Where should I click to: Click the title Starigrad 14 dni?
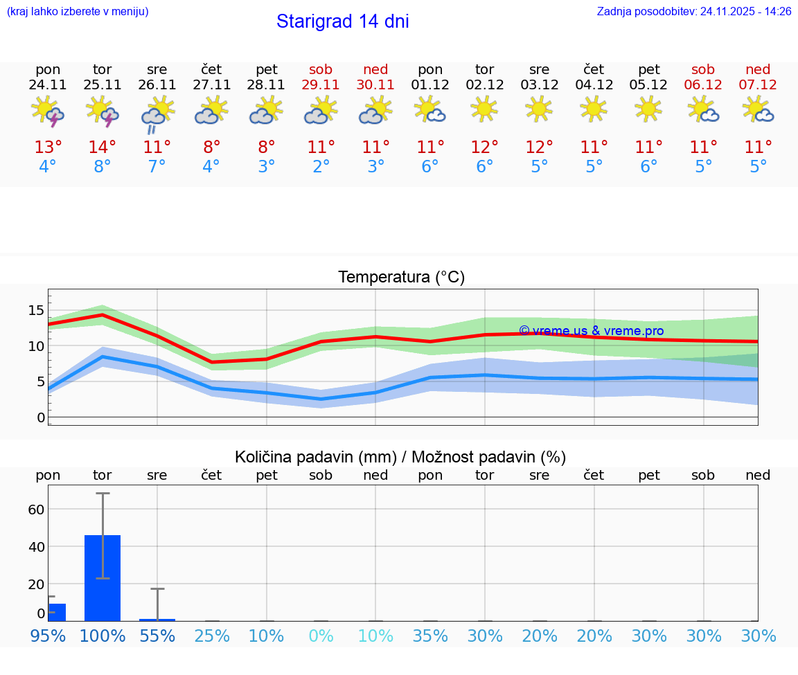coord(342,21)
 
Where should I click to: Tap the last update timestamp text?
coord(694,12)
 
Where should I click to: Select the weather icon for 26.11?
coord(157,114)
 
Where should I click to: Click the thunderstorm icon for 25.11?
coord(103,112)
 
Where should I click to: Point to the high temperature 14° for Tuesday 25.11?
coord(103,147)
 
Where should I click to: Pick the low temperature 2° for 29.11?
coord(321,167)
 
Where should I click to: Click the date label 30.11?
coord(375,85)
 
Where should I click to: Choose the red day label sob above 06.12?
coord(703,70)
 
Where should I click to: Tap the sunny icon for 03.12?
coord(539,109)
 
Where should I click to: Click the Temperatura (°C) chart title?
coord(401,278)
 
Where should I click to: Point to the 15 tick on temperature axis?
coord(36,310)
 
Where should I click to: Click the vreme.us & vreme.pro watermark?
coord(591,331)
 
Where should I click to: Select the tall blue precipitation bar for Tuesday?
coord(103,577)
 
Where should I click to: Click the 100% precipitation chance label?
coord(103,636)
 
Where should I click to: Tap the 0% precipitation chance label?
coord(321,636)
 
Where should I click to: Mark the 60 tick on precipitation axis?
coord(36,510)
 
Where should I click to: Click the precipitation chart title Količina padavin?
coord(400,457)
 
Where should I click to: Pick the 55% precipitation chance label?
coord(157,636)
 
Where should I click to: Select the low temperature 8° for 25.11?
coord(103,167)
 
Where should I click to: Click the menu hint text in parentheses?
coord(78,12)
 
